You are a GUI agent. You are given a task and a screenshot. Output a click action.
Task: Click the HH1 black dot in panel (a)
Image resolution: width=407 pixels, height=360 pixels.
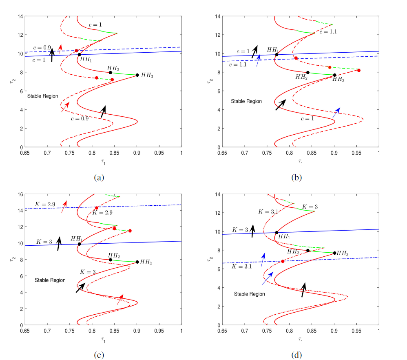pos(79,55)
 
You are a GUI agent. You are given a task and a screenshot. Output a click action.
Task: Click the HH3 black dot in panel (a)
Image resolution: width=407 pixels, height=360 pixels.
pos(137,75)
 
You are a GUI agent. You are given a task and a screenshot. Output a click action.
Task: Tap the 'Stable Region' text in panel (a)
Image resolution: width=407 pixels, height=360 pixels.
pos(42,96)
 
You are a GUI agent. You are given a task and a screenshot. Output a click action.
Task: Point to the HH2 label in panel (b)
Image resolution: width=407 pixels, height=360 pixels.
pos(302,77)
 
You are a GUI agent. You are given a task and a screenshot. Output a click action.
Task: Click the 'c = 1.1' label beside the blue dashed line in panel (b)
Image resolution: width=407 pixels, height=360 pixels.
pos(238,65)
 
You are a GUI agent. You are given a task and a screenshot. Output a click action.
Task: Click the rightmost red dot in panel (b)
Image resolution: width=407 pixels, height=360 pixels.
pos(359,71)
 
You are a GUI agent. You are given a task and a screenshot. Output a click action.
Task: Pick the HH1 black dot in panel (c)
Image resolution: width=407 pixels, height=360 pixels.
pos(79,244)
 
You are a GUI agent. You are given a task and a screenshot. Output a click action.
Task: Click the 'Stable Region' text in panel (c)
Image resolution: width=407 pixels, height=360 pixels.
pos(50,280)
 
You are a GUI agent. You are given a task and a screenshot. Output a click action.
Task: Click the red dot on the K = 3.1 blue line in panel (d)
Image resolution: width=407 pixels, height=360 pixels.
pos(283,261)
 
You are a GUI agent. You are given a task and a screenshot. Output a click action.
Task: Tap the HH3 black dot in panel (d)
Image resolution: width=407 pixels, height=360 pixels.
pos(335,253)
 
